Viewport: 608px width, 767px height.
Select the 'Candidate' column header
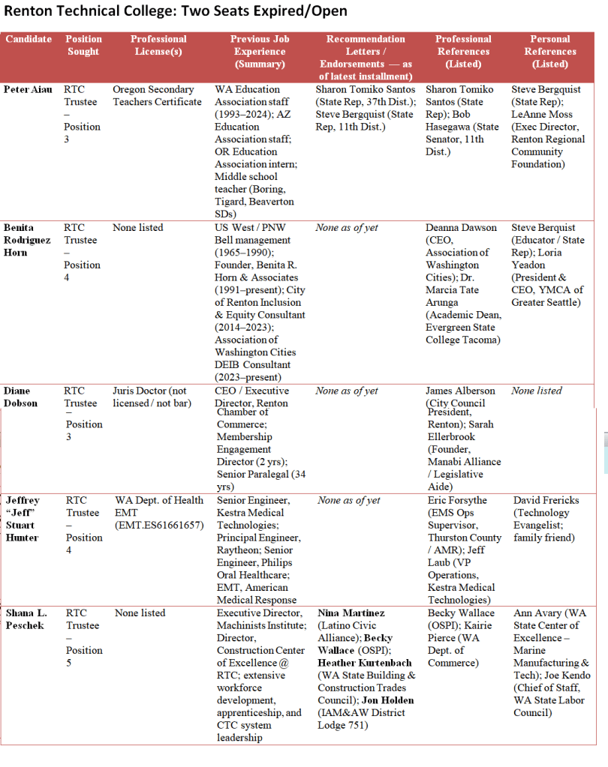pyautogui.click(x=29, y=39)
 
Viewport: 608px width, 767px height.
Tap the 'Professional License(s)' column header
pyautogui.click(x=158, y=45)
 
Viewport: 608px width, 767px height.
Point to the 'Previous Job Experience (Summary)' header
pyautogui.click(x=260, y=51)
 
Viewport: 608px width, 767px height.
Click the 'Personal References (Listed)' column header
pyautogui.click(x=549, y=51)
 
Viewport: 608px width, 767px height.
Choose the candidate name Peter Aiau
pyautogui.click(x=28, y=89)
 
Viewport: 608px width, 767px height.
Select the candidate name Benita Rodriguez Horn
pyautogui.click(x=28, y=240)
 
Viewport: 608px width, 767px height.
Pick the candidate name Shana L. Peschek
pyautogui.click(x=26, y=619)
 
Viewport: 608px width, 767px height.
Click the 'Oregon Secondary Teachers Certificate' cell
pyautogui.click(x=157, y=95)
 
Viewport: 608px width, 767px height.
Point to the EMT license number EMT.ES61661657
pyautogui.click(x=159, y=525)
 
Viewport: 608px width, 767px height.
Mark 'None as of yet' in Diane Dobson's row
pyautogui.click(x=347, y=391)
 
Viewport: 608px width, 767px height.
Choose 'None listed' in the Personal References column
pyautogui.click(x=537, y=391)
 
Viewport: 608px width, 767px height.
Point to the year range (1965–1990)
pyautogui.click(x=245, y=253)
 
